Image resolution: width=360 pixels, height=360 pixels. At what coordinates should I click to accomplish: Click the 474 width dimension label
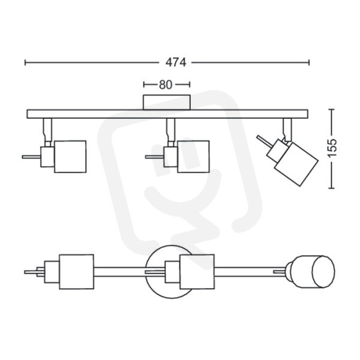176,62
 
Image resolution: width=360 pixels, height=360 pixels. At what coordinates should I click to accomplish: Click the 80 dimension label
166,85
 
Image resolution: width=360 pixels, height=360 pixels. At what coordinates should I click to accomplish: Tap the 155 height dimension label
332,148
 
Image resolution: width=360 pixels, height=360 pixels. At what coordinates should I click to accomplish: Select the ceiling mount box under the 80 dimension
167,102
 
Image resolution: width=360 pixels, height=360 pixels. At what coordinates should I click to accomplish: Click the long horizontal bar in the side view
167,114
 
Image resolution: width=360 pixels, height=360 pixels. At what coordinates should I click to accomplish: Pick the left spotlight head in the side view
70,157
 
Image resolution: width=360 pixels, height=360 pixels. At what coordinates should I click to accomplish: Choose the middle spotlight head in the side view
193,157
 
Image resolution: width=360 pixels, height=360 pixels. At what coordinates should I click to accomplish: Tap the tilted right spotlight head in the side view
296,164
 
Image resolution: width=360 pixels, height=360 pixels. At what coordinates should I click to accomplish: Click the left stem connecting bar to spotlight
47,130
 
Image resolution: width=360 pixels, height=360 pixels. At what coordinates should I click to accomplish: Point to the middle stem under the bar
171,130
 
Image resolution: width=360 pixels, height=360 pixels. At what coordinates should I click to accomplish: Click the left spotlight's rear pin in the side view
31,157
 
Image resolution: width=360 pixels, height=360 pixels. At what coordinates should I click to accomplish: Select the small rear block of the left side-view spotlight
47,157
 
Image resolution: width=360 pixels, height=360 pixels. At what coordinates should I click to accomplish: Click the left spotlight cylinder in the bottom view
76,272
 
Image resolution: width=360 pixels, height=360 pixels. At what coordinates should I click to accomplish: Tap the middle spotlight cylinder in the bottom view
197,272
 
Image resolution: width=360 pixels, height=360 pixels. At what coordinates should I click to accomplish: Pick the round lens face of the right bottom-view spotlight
323,272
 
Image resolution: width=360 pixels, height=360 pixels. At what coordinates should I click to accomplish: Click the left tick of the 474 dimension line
25,62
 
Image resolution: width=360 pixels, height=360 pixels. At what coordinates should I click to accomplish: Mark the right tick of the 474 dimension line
309,62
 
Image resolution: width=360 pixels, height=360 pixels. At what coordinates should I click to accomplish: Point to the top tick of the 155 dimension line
331,110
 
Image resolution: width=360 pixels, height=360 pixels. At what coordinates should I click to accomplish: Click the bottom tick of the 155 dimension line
331,188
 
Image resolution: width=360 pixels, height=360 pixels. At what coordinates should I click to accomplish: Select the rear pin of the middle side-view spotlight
155,157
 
